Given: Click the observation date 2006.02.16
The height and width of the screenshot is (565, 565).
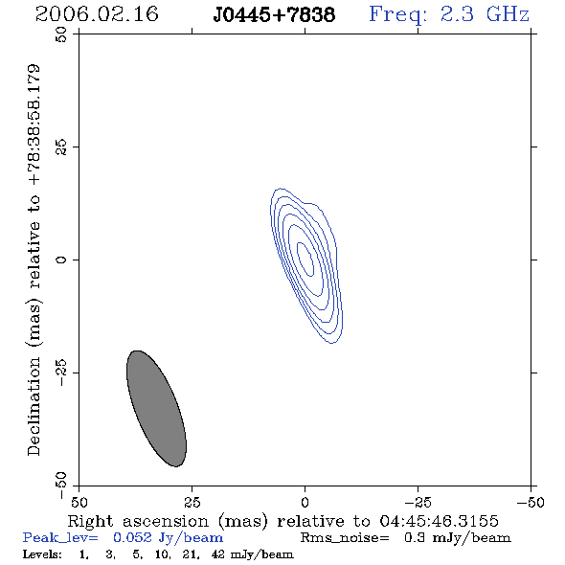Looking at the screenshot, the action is tap(97, 14).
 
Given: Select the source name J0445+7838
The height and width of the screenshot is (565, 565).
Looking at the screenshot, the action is tap(274, 14).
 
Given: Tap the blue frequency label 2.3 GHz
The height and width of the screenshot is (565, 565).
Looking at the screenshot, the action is tap(485, 14).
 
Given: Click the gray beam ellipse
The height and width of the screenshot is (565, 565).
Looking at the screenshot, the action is tap(156, 409).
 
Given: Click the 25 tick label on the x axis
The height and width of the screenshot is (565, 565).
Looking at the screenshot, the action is tap(192, 502).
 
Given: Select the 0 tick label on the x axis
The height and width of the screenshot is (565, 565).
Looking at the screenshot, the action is tap(305, 502).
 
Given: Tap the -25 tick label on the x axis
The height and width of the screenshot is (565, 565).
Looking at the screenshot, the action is tap(418, 502).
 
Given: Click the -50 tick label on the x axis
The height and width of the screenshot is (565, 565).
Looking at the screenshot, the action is tap(531, 502).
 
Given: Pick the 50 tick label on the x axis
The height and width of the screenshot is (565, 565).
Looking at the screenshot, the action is tap(79, 502).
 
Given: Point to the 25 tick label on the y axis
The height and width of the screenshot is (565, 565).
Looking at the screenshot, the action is tap(61, 147).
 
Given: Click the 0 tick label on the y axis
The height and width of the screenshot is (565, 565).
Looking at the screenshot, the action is tap(61, 260).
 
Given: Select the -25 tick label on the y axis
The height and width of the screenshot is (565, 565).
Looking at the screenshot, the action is tap(61, 373).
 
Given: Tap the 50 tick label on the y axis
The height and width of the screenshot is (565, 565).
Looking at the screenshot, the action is tap(61, 34).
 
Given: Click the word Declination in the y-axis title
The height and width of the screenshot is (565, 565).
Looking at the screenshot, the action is tap(34, 406).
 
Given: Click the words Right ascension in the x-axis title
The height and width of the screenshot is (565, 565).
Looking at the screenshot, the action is tap(138, 521).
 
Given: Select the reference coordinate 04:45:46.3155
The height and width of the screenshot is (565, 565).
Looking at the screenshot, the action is tap(439, 521).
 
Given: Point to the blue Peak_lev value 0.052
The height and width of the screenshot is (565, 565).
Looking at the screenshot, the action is tap(132, 538).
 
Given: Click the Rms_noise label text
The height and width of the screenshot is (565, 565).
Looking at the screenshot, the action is tap(345, 538).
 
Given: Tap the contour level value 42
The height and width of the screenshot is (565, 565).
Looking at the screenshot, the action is tap(218, 554).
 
